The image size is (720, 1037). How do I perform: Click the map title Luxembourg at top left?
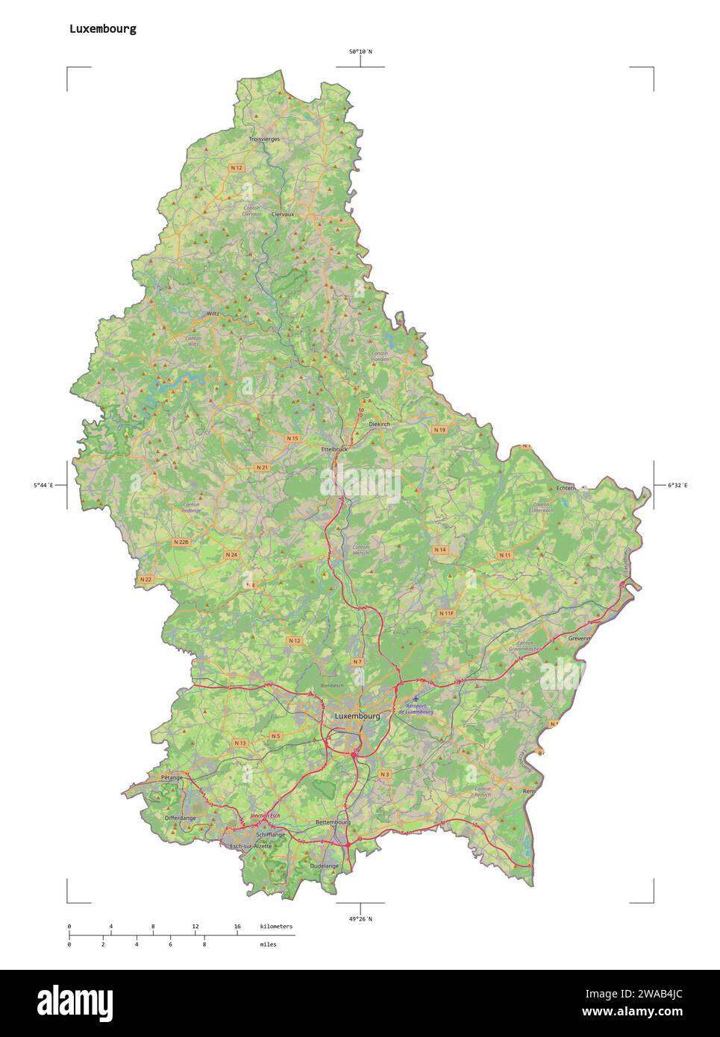(x=102, y=29)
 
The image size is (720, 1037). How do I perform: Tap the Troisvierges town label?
(x=264, y=140)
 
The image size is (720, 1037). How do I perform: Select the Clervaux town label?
(x=284, y=214)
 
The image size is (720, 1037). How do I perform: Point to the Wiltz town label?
(x=213, y=314)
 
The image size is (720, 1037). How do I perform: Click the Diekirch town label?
(x=379, y=424)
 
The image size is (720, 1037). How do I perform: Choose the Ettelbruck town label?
(x=334, y=449)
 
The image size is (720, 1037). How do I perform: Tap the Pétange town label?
(x=171, y=777)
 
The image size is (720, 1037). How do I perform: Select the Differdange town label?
(x=180, y=818)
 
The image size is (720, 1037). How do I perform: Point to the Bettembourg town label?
(x=333, y=822)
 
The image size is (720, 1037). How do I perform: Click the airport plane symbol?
(x=416, y=699)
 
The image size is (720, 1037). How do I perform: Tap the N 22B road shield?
(x=181, y=542)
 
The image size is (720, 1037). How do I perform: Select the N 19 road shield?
(x=439, y=430)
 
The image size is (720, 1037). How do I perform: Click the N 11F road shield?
(x=446, y=613)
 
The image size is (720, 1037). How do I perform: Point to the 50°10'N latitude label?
(x=360, y=51)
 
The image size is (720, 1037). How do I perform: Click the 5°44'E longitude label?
(x=43, y=486)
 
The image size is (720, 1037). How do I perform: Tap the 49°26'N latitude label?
(x=360, y=918)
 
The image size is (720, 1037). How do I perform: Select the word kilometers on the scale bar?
(x=276, y=926)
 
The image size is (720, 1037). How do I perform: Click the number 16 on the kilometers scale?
(x=237, y=926)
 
